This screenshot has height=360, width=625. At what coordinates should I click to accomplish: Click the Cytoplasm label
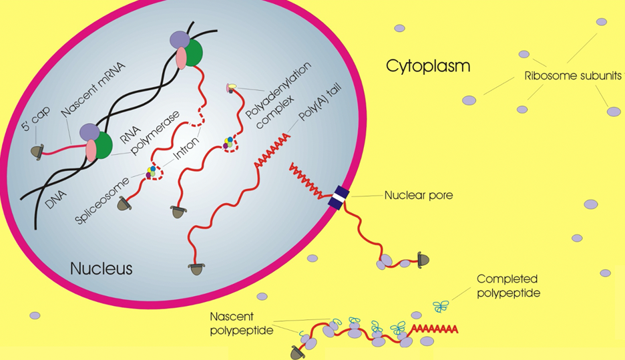(428, 66)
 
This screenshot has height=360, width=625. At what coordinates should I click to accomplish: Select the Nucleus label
(101, 268)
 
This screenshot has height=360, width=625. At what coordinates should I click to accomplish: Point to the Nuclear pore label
(419, 196)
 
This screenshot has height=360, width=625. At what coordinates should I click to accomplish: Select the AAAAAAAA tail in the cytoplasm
(435, 329)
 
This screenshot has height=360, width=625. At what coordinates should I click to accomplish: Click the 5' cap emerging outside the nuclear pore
(423, 258)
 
